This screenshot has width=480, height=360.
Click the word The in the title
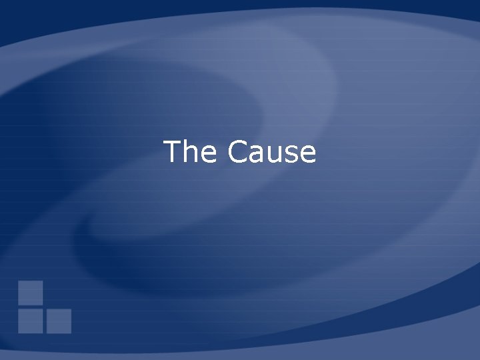click(x=190, y=152)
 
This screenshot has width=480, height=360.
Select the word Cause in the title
click(x=271, y=152)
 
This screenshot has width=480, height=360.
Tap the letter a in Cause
click(x=257, y=155)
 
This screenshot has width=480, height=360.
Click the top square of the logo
click(x=31, y=293)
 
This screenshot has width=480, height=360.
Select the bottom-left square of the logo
click(x=31, y=321)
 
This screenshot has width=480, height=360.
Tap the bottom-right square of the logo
click(x=59, y=321)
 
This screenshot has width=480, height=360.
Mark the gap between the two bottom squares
click(x=45, y=321)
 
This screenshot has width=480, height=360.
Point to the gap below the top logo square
click(x=31, y=307)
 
